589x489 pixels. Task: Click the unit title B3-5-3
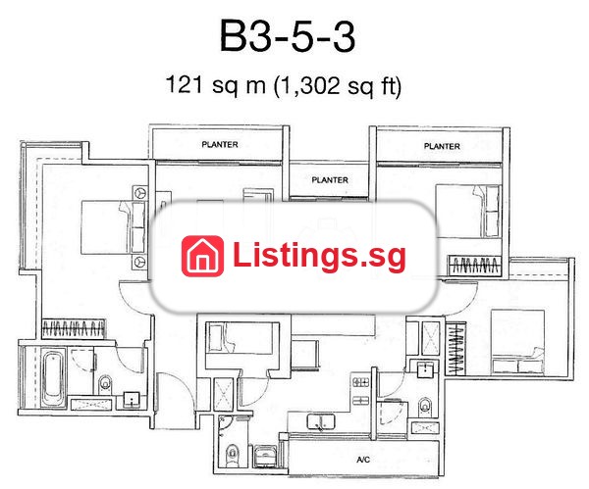pyautogui.click(x=288, y=36)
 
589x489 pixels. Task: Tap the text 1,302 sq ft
pyautogui.click(x=338, y=85)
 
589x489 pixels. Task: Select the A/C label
pyautogui.click(x=363, y=460)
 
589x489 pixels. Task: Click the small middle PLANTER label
pyautogui.click(x=330, y=180)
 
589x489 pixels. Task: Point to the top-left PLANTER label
pyautogui.click(x=220, y=144)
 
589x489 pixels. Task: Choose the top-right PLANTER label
pyautogui.click(x=442, y=146)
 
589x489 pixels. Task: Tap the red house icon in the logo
pyautogui.click(x=202, y=256)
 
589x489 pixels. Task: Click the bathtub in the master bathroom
pyautogui.click(x=53, y=377)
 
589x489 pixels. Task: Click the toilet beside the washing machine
pyautogui.click(x=233, y=455)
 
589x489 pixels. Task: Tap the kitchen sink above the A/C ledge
pyautogui.click(x=320, y=421)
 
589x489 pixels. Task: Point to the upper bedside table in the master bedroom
pyautogui.click(x=140, y=193)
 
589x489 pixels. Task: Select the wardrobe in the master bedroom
pyautogui.click(x=74, y=329)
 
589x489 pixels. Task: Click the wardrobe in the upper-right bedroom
pyautogui.click(x=475, y=266)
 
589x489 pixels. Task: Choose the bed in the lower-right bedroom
pyautogui.click(x=517, y=342)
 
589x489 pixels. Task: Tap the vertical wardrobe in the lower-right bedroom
pyautogui.click(x=455, y=349)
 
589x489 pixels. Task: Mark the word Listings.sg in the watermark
pyautogui.click(x=319, y=256)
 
